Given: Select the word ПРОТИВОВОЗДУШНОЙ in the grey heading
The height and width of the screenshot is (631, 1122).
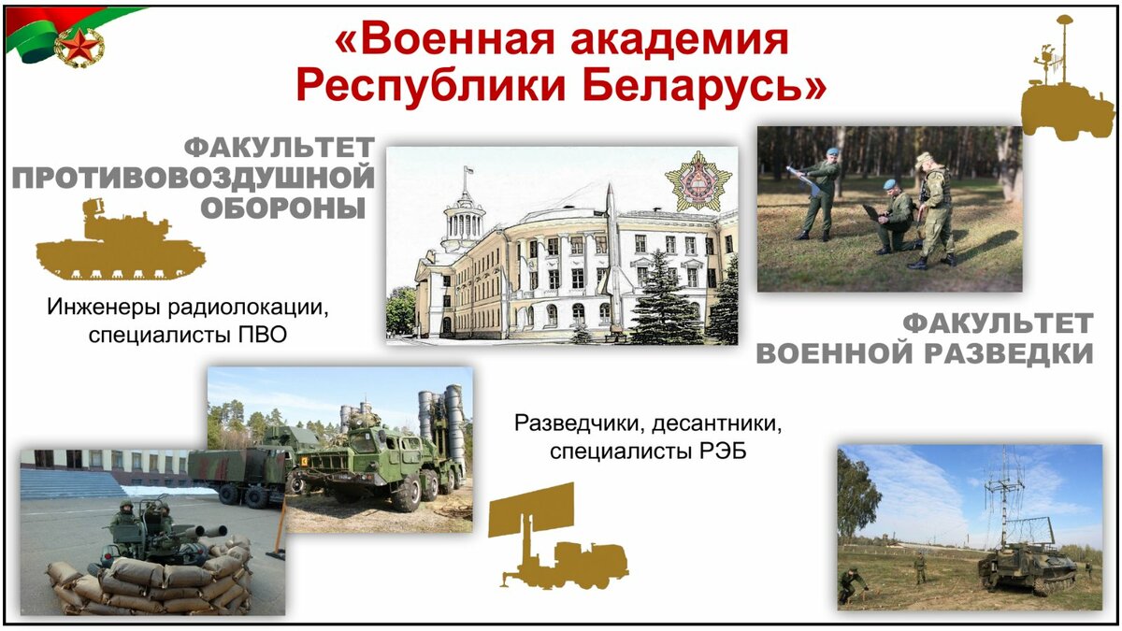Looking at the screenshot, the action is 194,178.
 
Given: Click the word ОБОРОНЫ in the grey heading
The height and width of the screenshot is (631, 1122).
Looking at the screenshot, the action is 283,208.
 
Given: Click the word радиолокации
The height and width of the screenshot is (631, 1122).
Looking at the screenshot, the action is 249,307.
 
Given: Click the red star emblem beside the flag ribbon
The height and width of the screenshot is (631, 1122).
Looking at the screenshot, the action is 79,48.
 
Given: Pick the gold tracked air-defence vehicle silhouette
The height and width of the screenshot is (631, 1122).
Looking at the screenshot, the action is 121,239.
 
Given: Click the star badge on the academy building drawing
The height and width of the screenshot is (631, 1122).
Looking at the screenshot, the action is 698,180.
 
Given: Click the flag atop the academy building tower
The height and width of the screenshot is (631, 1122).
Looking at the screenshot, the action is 468,170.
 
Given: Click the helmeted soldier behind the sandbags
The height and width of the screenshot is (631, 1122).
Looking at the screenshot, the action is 123,522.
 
